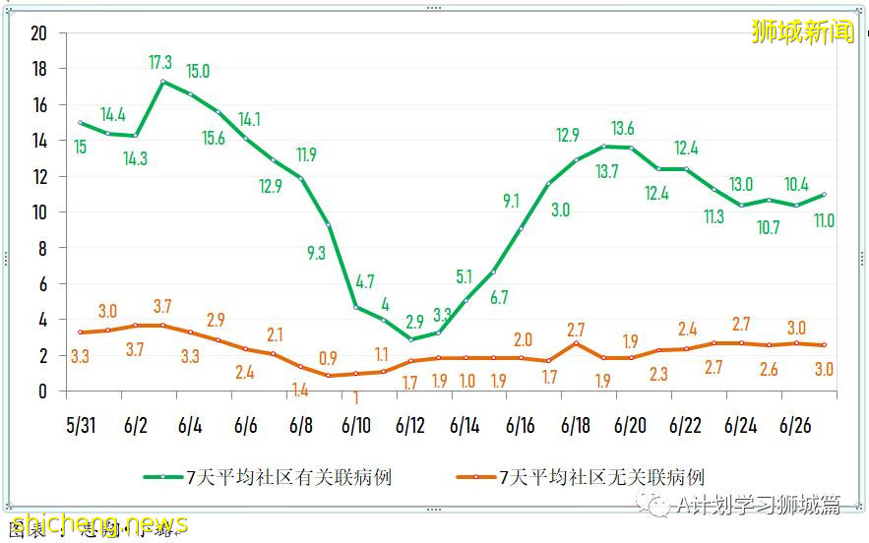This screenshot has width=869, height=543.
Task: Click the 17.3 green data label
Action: [x=161, y=63]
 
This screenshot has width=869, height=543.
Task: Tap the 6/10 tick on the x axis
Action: [x=356, y=426]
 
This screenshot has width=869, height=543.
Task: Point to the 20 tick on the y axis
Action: [x=39, y=33]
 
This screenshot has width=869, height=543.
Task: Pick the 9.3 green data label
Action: [x=316, y=253]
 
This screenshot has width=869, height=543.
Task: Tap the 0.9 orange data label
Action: [x=328, y=357]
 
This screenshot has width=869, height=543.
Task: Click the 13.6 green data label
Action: [x=622, y=129]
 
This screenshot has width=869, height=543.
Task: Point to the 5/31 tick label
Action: [x=82, y=426]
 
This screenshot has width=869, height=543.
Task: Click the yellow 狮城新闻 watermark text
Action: [x=802, y=31]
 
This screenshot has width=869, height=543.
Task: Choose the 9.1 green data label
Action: [x=511, y=201]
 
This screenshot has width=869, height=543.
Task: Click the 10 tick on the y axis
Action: [x=39, y=212]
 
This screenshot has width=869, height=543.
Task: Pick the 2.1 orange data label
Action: [x=275, y=335]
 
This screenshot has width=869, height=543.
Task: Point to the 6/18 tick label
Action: [x=576, y=426]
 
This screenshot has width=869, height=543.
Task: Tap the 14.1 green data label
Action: [x=249, y=120]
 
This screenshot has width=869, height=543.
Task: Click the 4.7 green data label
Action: [x=365, y=282]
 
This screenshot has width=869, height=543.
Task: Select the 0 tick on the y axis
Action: [x=42, y=392]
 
